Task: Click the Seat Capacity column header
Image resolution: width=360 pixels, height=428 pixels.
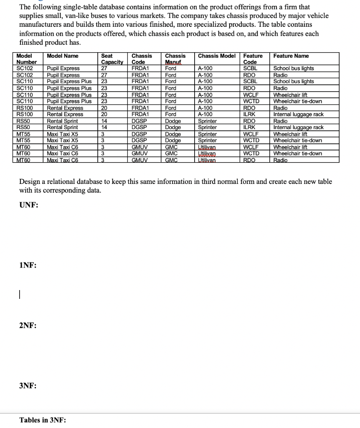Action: (112, 59)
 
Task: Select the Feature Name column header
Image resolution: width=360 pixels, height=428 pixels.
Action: (291, 56)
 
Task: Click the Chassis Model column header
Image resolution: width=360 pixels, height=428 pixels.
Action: (216, 56)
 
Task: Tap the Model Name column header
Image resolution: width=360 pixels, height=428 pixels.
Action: (62, 56)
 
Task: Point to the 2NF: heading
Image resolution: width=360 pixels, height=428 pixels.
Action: (28, 326)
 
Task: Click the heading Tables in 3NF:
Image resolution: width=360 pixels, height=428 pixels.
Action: (43, 420)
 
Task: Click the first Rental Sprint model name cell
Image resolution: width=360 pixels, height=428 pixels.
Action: (62, 121)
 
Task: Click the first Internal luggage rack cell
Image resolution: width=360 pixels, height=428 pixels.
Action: (298, 114)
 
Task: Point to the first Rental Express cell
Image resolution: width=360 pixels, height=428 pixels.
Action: (65, 108)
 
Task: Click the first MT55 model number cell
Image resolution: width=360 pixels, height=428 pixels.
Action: (23, 134)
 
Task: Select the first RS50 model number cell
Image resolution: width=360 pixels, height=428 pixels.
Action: (23, 121)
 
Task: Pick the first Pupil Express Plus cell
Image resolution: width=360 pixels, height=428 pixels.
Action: (69, 82)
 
